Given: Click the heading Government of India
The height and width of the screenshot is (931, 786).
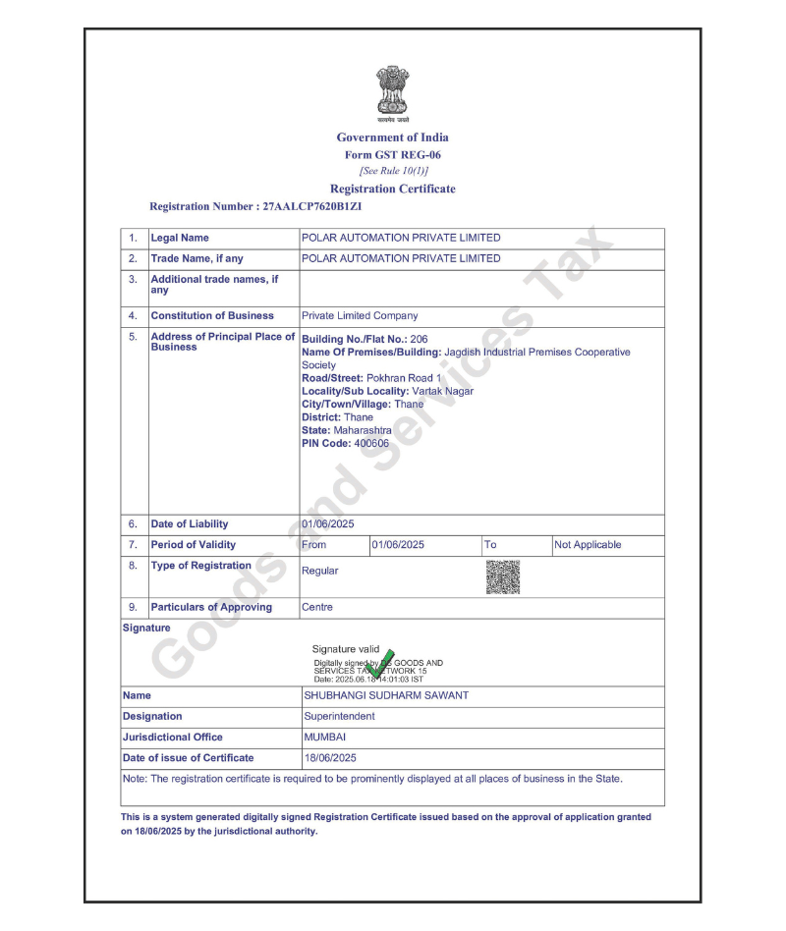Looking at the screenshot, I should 392,137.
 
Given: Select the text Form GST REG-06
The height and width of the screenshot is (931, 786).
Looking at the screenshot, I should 392,155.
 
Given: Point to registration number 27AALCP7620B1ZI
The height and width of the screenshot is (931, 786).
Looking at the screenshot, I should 319,207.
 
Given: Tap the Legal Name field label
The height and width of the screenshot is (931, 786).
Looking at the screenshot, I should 180,238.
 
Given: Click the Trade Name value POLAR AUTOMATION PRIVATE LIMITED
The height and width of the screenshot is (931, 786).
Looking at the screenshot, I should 401,258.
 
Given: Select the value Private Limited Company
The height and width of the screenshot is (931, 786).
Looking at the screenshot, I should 360,316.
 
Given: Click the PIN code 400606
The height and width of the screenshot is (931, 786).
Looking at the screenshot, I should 371,444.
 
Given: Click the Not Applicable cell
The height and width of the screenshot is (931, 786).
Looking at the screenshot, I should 588,545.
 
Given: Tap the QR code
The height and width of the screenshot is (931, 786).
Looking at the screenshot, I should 503,576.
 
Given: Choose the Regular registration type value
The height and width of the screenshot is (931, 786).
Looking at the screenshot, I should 319,571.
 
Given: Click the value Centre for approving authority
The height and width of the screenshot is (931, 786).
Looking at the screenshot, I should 317,608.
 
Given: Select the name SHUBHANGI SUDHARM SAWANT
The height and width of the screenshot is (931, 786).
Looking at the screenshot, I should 386,696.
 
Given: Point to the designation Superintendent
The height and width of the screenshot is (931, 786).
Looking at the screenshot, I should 339,717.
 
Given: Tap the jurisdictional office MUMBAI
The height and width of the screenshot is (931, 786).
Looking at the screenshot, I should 325,738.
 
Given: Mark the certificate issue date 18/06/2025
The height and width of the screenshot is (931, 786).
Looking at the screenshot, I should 330,758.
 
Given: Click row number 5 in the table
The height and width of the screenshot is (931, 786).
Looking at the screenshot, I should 133,337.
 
